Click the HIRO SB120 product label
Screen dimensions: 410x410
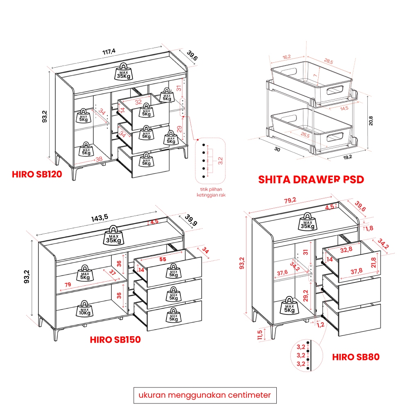coord(37,174)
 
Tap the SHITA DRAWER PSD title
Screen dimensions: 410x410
coord(311,180)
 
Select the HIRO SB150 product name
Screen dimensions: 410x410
coord(115,339)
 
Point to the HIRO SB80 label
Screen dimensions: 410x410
coord(355,357)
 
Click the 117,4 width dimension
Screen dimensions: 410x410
coord(109,52)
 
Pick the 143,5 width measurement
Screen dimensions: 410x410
coord(99,218)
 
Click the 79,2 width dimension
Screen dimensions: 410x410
coord(290,200)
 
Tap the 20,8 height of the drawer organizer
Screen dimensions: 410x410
coord(371,121)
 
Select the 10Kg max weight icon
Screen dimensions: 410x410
coord(84,309)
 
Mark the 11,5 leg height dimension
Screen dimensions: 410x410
coord(260,335)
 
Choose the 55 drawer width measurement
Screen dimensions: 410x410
coord(163,259)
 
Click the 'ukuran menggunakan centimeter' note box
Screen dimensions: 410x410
coord(205,395)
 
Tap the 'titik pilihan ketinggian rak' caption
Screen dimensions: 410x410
coord(211,192)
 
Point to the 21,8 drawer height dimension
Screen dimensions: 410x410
coord(374,262)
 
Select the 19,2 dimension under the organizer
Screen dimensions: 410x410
coord(348,157)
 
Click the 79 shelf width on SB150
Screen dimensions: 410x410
coord(68,285)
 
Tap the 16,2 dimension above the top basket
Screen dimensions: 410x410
coord(287,57)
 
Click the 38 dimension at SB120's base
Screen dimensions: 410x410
coord(99,159)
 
